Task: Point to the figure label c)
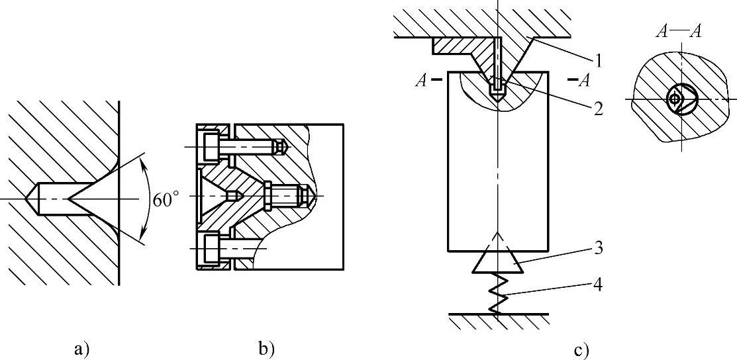[x=582, y=349]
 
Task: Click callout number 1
[x=599, y=62]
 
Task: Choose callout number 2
[x=599, y=109]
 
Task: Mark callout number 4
[x=598, y=287]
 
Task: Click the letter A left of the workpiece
[x=420, y=81]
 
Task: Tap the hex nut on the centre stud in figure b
[x=268, y=196]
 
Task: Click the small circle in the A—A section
[x=674, y=99]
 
